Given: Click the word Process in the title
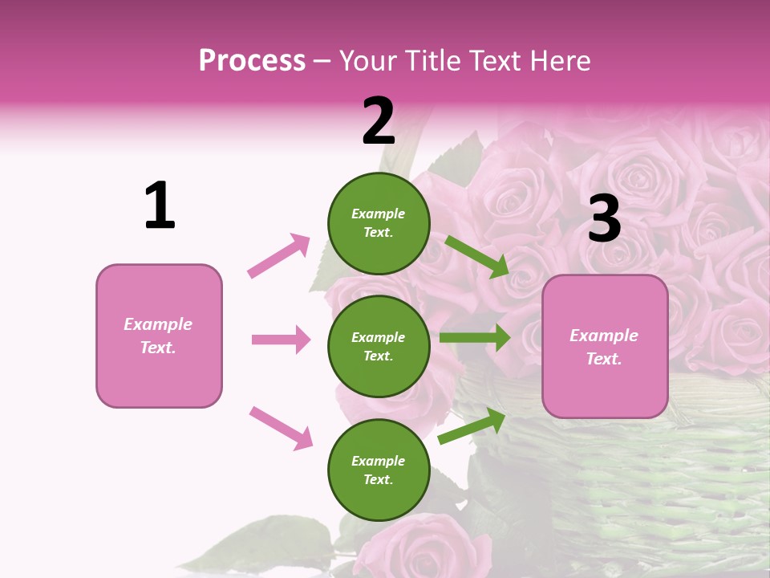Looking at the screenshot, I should [x=252, y=61].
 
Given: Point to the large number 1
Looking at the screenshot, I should [x=160, y=206].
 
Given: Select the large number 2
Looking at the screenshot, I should [x=379, y=121].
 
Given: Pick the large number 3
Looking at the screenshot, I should [x=604, y=218].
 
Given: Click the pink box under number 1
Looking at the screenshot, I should [x=159, y=336].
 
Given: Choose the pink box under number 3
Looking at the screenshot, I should [x=605, y=347].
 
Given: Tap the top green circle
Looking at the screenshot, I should [x=379, y=223].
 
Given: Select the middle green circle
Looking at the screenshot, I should [x=379, y=346].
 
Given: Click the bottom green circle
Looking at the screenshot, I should [x=379, y=470].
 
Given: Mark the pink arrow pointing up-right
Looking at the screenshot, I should [x=279, y=255].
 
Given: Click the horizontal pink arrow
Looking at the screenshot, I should [x=281, y=340].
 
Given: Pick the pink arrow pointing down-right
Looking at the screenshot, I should [x=282, y=428].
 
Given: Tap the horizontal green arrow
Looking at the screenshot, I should [x=475, y=338].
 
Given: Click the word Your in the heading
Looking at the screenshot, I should [x=367, y=61].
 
